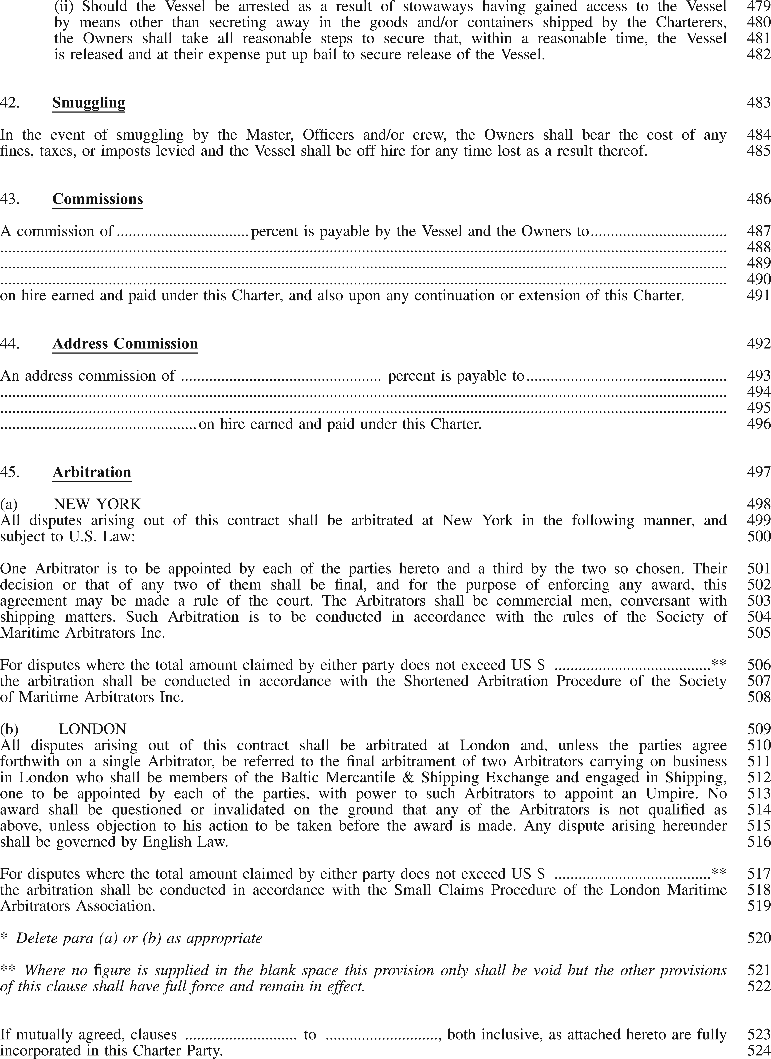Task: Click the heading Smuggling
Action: coord(89,103)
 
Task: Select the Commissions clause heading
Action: coord(98,199)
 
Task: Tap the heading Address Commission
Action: coord(125,344)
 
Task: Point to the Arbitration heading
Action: coord(92,472)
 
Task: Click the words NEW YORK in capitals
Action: coord(98,504)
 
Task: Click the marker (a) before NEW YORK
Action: coord(9,504)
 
